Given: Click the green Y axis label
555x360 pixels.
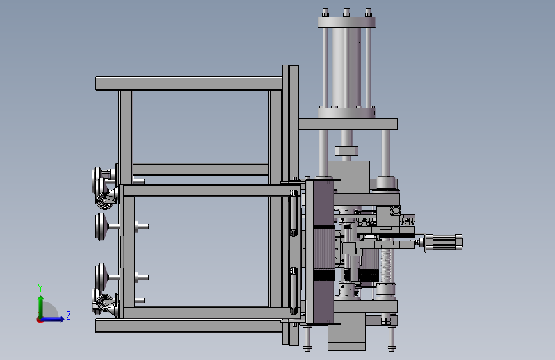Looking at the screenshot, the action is pyautogui.click(x=40, y=288).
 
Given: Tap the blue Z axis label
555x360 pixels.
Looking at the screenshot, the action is pyautogui.click(x=68, y=315).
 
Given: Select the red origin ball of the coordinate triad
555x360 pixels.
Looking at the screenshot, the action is pyautogui.click(x=40, y=320).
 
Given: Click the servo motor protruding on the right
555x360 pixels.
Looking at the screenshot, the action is pyautogui.click(x=444, y=242).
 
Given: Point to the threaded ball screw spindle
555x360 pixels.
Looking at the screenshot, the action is pyautogui.click(x=385, y=265).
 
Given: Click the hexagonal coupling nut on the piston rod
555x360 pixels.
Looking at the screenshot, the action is pyautogui.click(x=346, y=151).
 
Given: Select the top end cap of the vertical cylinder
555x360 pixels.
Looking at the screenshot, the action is pyautogui.click(x=346, y=22).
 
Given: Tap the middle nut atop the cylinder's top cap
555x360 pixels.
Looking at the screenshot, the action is pyautogui.click(x=346, y=13).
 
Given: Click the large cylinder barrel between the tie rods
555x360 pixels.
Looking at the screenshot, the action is pyautogui.click(x=346, y=67).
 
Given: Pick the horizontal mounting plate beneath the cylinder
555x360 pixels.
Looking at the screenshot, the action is pyautogui.click(x=348, y=124).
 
